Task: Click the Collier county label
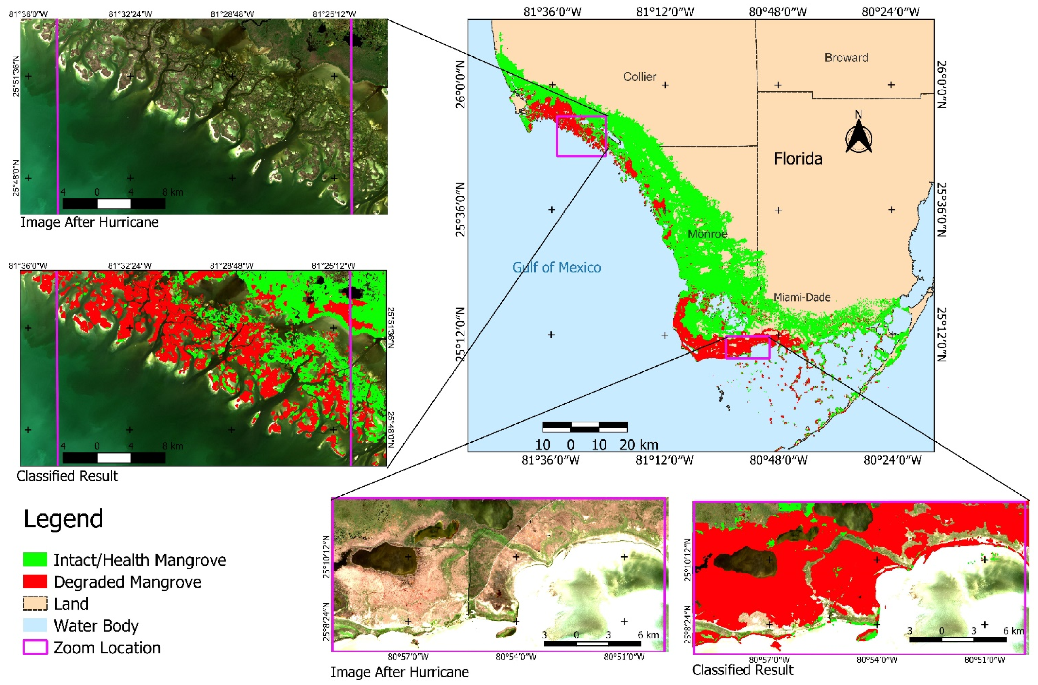point(639,77)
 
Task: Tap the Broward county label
point(846,58)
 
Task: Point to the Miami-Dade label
point(802,297)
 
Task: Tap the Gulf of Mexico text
point(557,267)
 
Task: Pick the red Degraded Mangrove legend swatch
point(35,581)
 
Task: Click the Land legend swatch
point(35,604)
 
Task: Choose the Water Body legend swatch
point(35,625)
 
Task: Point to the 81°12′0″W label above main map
point(664,12)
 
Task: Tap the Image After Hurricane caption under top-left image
point(90,222)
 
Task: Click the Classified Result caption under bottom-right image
point(743,670)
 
